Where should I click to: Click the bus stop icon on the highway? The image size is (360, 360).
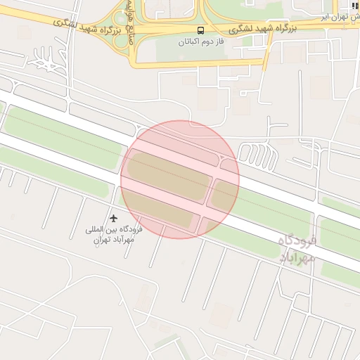click(x=201, y=30)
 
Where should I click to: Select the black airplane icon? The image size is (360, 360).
click(x=115, y=219)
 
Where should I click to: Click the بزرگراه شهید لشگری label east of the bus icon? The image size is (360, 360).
click(x=264, y=29)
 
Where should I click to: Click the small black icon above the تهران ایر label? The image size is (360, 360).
click(x=354, y=5)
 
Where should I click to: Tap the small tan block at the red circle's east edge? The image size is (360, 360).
click(x=224, y=196)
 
